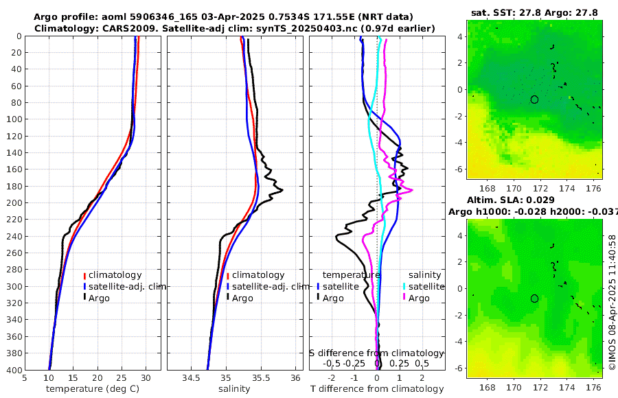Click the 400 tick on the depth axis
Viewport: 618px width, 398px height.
point(14,370)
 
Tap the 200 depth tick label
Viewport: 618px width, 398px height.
point(14,202)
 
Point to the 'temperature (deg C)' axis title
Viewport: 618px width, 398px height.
point(93,389)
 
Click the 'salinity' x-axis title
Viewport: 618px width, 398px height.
point(234,389)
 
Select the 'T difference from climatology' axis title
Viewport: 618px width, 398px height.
point(377,389)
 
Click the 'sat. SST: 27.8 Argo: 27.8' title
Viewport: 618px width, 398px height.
point(535,12)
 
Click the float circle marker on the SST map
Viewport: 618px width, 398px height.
point(534,99)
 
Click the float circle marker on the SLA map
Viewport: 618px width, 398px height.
point(534,298)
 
